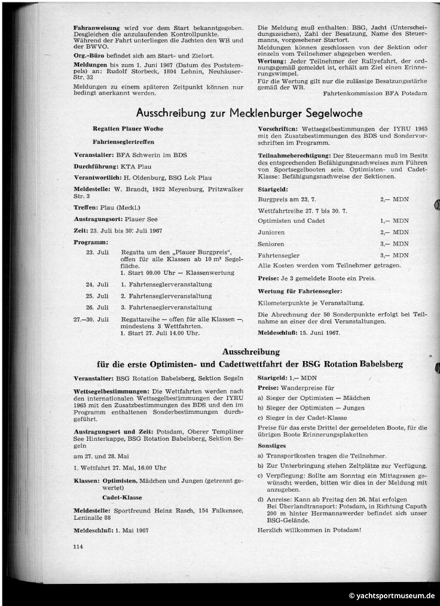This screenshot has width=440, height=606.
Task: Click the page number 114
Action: pos(77,546)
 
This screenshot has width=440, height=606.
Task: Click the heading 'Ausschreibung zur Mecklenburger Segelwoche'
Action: pos(250,113)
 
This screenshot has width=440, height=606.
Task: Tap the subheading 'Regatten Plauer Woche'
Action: pos(128,129)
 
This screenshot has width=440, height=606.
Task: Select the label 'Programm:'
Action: pos(91,242)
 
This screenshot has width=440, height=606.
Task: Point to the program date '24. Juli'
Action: pos(97,284)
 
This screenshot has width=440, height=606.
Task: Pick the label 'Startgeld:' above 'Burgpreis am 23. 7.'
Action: pos(273,188)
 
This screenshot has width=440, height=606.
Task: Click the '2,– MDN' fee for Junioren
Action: pos(395,232)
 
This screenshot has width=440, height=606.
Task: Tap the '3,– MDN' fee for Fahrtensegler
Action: pos(395,255)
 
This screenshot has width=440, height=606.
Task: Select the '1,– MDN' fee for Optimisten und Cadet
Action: pos(395,221)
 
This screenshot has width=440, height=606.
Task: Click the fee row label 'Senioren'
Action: pos(271,244)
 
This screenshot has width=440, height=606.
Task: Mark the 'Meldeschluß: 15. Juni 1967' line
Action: pos(298,332)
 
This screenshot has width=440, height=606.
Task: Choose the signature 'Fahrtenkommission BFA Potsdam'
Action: pos(375,93)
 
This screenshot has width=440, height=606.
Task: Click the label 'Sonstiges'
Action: pos(272,446)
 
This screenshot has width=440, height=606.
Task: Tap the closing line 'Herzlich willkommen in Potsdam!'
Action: pos(309,529)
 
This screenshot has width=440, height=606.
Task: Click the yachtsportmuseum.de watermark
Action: pos(392,596)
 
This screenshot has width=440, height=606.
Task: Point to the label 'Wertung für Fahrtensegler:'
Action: pos(300,290)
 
